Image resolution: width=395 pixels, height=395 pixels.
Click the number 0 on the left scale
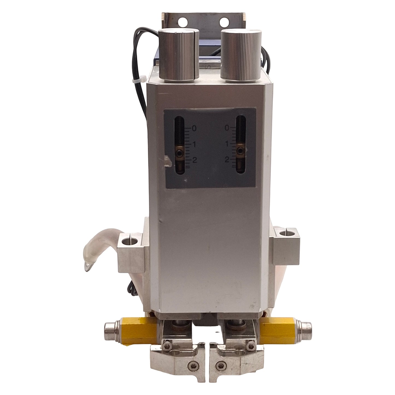[194, 128]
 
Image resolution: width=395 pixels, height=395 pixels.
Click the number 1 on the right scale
[227, 144]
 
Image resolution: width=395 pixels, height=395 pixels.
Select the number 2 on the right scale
[227, 159]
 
